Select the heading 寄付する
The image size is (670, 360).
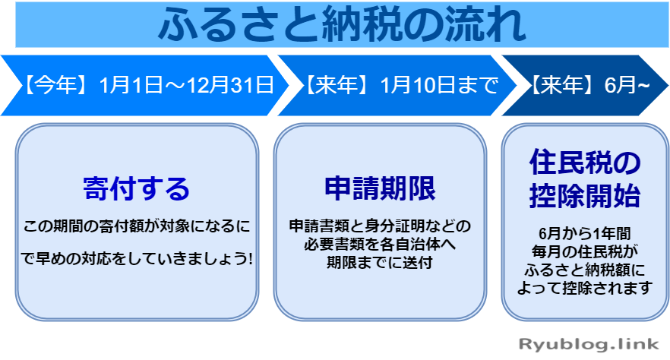137,188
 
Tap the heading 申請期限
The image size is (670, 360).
380,188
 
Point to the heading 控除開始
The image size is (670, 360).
585,197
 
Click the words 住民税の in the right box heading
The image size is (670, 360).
585,163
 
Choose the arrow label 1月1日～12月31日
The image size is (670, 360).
186,84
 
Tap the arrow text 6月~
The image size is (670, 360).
627,84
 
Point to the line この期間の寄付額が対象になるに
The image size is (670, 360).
137,226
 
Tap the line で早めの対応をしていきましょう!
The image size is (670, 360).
137,258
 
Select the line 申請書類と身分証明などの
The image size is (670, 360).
380,226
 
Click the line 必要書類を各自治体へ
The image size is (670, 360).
380,244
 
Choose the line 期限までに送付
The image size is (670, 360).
380,261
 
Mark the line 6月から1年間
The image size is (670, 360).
585,232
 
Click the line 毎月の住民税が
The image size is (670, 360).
585,250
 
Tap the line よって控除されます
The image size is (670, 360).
585,287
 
